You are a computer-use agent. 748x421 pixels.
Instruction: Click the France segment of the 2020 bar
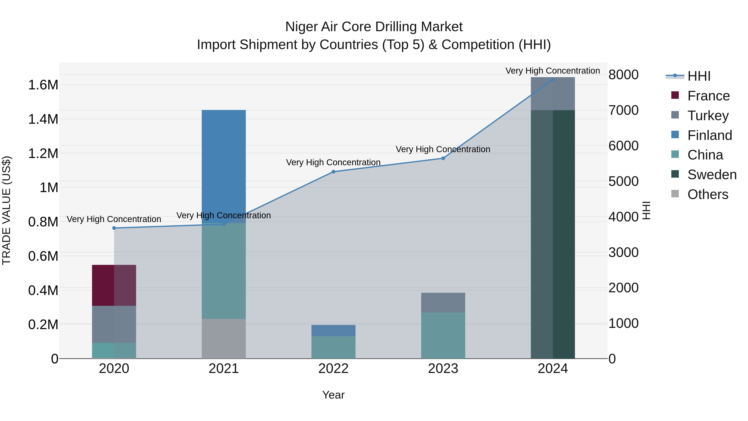(x=114, y=285)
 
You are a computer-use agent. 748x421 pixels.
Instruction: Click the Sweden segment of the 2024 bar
(x=552, y=234)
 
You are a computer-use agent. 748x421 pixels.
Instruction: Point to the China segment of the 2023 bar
(x=443, y=335)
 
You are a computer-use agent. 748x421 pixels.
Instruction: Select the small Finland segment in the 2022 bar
(x=333, y=330)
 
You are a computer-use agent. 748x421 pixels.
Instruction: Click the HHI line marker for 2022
(x=333, y=172)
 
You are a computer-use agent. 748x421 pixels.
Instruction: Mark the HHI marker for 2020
(x=114, y=228)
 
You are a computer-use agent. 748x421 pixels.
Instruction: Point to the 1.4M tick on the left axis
(x=43, y=119)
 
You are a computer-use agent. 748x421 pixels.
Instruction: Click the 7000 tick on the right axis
(x=623, y=110)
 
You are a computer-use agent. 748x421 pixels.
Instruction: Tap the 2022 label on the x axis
(x=333, y=368)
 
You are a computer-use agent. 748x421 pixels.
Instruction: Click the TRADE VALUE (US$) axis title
(x=6, y=210)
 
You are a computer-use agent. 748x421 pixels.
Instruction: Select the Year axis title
(x=333, y=395)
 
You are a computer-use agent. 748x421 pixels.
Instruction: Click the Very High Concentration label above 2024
(x=552, y=71)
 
